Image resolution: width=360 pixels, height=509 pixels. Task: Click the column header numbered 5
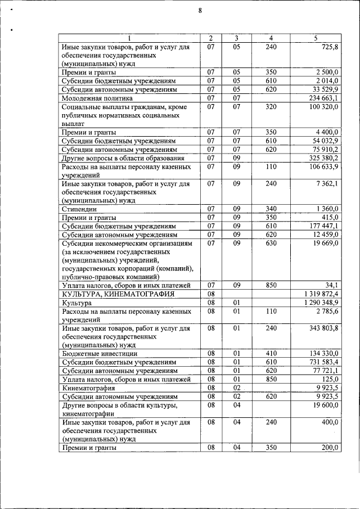click(316, 38)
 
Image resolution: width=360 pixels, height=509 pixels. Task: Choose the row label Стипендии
click(81, 209)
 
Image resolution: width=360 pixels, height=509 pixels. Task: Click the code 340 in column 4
click(271, 209)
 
